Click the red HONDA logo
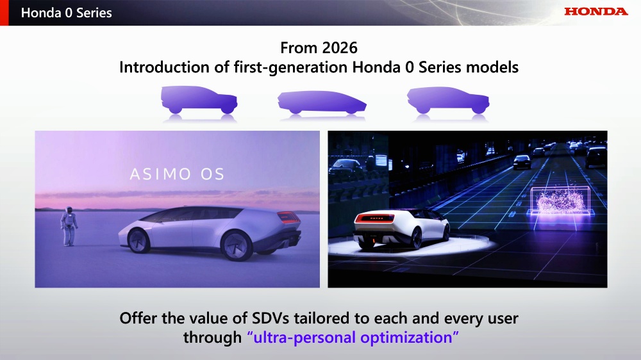pos(595,12)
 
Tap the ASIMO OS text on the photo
pos(177,174)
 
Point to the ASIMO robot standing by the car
pos(69,226)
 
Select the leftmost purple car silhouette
pos(199,100)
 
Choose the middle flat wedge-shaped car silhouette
pos(322,102)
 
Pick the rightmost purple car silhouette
pos(448,100)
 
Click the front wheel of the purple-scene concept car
pos(138,240)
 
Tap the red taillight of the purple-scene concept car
pos(288,217)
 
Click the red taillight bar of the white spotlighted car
pos(375,218)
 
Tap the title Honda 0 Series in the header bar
pos(66,13)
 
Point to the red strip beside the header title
pos(4,13)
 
